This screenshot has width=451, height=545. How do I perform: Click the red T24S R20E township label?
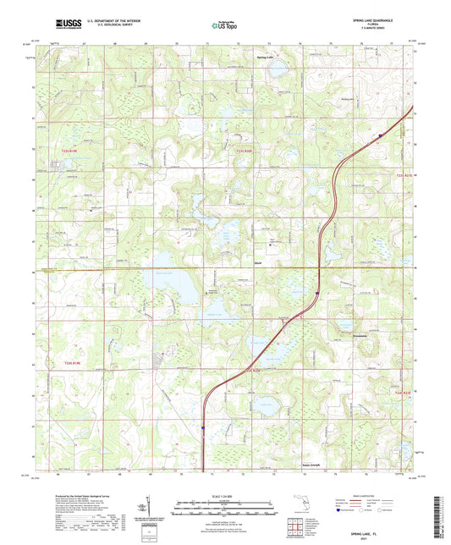pos(254,369)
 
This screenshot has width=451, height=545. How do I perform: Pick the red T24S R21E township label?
pos(402,391)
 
